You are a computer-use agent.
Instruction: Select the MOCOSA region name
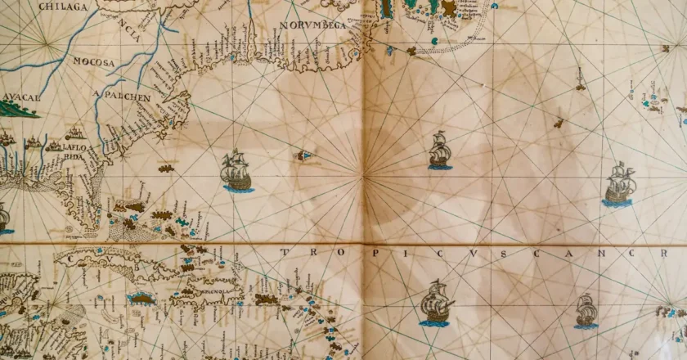pos(93,61)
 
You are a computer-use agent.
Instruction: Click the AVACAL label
pos(20,96)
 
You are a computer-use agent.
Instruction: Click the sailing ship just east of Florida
pos(236,171)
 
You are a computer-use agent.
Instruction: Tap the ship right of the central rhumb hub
pos(439,151)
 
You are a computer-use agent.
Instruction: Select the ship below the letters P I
pos(436,303)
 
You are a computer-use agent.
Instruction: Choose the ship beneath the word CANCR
pos(586,311)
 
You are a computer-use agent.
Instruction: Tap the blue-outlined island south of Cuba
pos(141,299)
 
